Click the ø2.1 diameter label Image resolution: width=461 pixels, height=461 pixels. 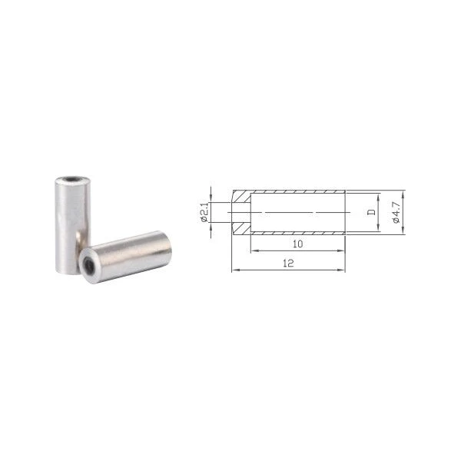(x=204, y=212)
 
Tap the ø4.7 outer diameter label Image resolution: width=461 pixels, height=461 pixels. (x=396, y=212)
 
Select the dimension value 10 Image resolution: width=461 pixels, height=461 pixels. (x=297, y=244)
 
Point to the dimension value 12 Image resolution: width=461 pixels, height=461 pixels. (x=288, y=263)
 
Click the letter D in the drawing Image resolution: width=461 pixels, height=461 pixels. (x=372, y=212)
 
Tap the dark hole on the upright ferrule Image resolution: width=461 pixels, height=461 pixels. (x=71, y=179)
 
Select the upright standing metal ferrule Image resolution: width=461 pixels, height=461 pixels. (x=73, y=225)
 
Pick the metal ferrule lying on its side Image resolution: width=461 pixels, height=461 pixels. (x=125, y=257)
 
